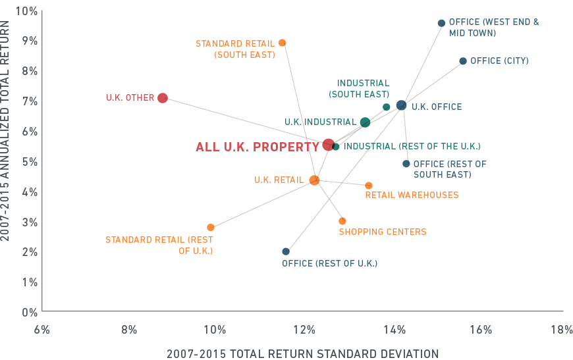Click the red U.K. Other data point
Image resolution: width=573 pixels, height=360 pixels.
(163, 98)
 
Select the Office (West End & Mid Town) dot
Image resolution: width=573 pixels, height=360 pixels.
(441, 23)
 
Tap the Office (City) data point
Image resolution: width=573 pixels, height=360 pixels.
(463, 61)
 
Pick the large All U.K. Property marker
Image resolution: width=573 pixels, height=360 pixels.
(329, 145)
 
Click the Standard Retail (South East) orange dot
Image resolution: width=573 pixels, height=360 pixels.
(283, 43)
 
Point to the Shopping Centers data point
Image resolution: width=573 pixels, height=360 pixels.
(342, 221)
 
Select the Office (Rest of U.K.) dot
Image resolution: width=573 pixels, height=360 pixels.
(286, 251)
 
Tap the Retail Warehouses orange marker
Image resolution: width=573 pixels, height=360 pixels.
(369, 186)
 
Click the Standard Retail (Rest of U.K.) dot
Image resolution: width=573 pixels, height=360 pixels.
(211, 228)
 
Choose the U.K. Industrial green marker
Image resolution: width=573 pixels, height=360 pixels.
(365, 122)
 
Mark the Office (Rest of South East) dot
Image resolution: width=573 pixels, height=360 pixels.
(406, 164)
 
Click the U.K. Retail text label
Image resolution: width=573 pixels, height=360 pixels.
(279, 180)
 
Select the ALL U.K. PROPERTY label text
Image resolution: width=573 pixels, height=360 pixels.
(258, 147)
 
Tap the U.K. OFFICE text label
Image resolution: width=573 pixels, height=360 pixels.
(437, 107)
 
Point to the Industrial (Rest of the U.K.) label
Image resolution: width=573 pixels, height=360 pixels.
(412, 146)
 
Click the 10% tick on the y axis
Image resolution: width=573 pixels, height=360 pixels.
(26, 11)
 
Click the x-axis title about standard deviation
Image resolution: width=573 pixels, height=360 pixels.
(302, 353)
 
